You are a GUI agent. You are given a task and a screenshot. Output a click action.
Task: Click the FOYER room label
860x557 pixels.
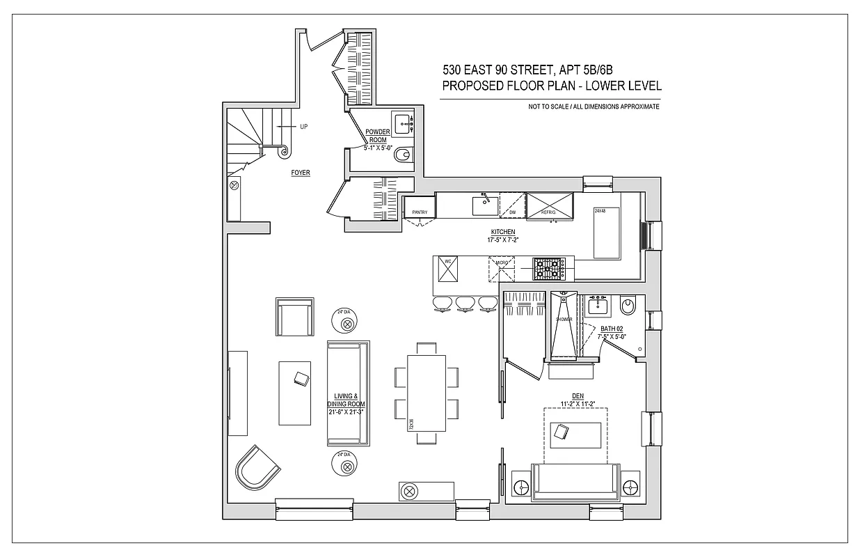(301, 173)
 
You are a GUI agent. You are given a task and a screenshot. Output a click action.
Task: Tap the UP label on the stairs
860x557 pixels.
(303, 127)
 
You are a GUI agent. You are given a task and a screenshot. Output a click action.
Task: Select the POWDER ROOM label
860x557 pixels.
(378, 136)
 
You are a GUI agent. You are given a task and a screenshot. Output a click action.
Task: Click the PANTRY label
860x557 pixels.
(419, 212)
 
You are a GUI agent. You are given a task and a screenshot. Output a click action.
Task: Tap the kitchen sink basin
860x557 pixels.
(484, 205)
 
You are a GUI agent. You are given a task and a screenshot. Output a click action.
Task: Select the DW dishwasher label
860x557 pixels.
(512, 212)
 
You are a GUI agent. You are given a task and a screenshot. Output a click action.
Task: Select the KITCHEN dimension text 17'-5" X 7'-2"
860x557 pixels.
(502, 240)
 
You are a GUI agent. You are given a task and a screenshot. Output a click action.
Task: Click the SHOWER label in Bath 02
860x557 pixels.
(564, 320)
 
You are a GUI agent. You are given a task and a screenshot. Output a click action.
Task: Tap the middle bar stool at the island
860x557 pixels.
(465, 303)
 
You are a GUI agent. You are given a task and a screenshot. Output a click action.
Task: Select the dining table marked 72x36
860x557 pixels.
(427, 393)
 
